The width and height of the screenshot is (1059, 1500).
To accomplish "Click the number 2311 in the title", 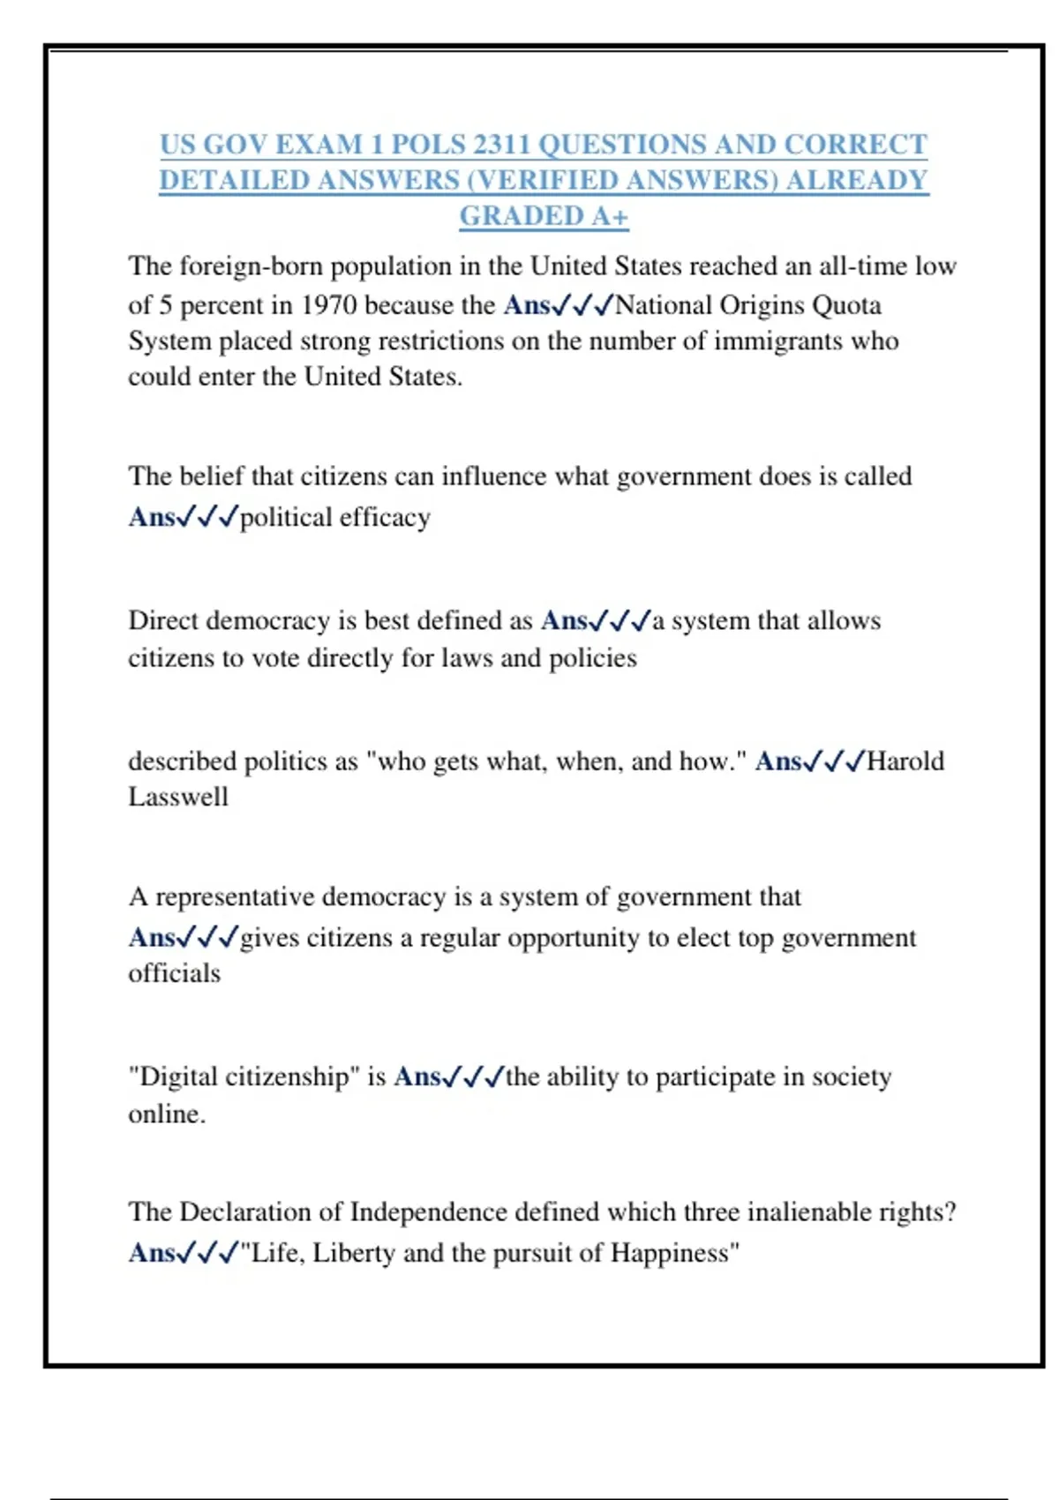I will [x=500, y=145].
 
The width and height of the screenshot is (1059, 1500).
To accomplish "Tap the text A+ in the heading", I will [x=609, y=216].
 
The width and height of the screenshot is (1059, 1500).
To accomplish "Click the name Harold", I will [x=905, y=761].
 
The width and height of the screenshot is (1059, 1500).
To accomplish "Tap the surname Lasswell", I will [x=178, y=797].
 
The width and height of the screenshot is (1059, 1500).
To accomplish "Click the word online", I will [x=166, y=1114].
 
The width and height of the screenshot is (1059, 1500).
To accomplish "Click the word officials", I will [x=174, y=973].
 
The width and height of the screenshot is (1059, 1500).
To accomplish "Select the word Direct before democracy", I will [x=163, y=620].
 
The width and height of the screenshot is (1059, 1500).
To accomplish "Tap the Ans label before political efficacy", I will [x=152, y=517].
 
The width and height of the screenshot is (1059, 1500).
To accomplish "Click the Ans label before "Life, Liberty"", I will [x=152, y=1253].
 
